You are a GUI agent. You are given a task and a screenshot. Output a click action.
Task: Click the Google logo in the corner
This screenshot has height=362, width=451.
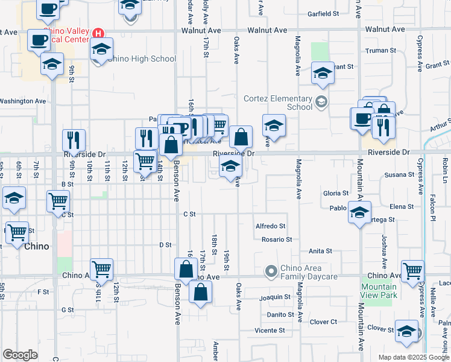coord(20,355)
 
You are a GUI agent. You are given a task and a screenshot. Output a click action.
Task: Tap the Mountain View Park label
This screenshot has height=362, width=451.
coord(379,291)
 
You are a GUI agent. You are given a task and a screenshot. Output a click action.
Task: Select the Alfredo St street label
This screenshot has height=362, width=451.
coord(270,226)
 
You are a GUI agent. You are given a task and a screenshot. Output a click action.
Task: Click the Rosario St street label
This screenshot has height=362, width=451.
coord(277,239)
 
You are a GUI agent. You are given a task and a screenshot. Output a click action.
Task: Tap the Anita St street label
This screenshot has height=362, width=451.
coord(320,250)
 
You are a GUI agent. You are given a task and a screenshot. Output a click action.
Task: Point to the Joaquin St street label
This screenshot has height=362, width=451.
coord(275,297)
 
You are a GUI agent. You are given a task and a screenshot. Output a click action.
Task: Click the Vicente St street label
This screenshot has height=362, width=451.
coord(270,330)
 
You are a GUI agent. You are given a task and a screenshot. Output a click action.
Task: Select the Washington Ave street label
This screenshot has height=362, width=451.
coord(23,101)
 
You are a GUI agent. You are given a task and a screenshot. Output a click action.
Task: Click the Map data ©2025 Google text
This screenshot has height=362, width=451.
coord(414,357)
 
